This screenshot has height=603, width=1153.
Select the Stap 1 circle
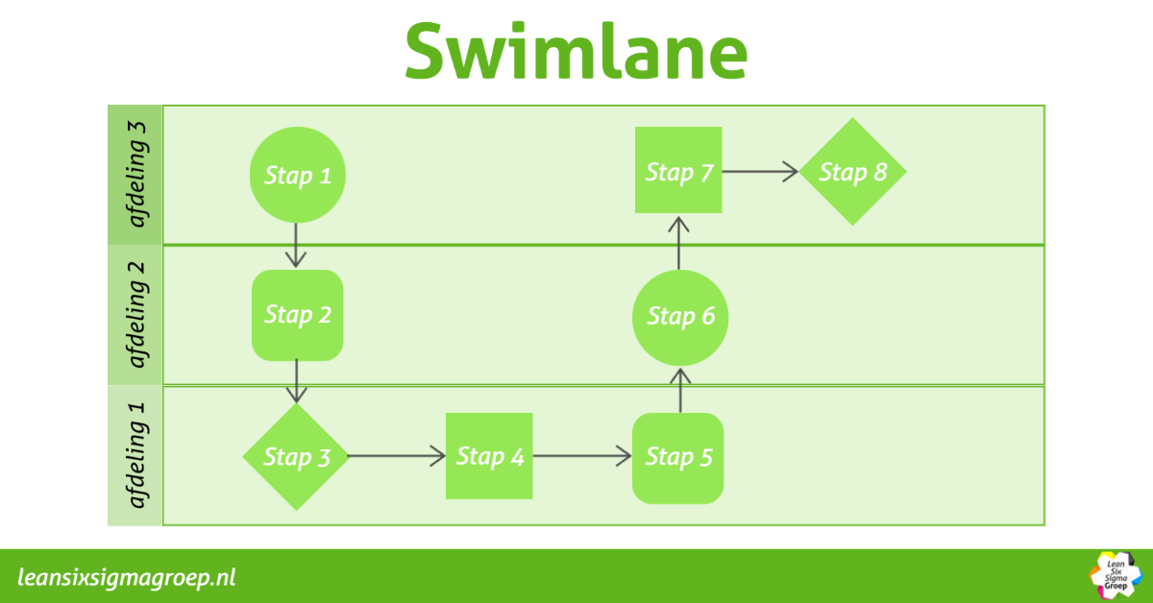(297, 176)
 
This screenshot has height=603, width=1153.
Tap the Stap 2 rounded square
(297, 315)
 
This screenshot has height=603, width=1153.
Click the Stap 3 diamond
(297, 457)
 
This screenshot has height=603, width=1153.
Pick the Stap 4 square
(489, 456)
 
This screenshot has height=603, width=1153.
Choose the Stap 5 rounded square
(678, 458)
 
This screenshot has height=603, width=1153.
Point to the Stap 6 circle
(680, 316)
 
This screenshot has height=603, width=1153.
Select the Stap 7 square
(678, 171)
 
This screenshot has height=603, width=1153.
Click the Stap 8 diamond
(852, 172)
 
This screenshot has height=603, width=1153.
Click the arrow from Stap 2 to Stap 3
(297, 381)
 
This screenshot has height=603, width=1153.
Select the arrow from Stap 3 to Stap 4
(396, 456)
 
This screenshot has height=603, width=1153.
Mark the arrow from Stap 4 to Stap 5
(582, 456)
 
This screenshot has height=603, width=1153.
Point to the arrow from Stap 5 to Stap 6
(680, 389)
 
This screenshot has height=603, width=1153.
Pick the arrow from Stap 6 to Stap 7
(679, 242)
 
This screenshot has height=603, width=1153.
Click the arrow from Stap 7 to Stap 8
(760, 172)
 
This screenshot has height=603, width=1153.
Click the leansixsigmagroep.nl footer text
(127, 577)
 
